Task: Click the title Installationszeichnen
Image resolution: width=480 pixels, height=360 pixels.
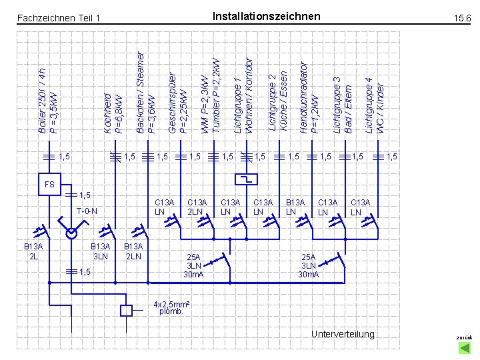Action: tap(265, 16)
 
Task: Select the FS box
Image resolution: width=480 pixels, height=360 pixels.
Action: tap(49, 185)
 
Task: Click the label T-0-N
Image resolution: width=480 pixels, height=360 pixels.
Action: tap(86, 211)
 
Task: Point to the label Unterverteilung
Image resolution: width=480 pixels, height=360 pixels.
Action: tap(343, 333)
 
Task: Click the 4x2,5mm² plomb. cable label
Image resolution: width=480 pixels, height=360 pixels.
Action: tap(171, 307)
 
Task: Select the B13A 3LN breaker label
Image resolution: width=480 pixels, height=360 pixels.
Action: tap(100, 251)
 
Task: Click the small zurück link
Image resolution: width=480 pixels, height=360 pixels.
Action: tap(464, 338)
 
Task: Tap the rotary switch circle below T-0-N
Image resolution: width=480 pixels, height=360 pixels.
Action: tap(71, 233)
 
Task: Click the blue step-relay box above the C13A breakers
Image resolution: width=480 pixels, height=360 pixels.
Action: tap(248, 179)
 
